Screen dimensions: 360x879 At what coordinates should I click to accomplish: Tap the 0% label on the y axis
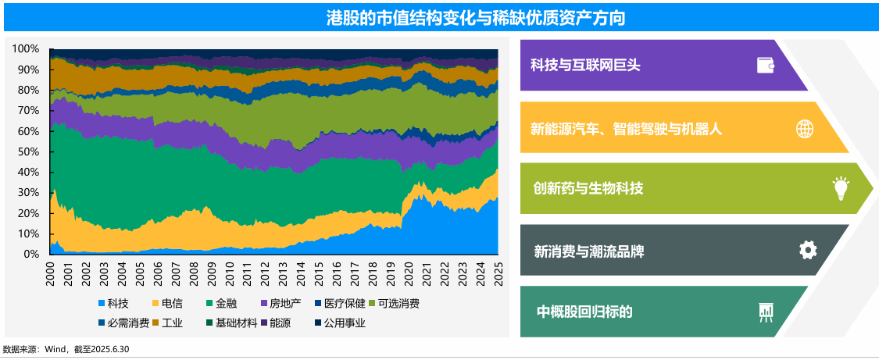(31, 255)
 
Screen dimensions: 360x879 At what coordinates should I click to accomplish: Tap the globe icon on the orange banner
(805, 128)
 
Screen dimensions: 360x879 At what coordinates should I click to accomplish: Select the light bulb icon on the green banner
(841, 188)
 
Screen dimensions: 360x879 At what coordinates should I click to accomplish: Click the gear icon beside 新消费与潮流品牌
(808, 250)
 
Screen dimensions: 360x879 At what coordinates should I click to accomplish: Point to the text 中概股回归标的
(584, 312)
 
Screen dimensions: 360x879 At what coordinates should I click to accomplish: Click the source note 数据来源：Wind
(66, 349)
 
